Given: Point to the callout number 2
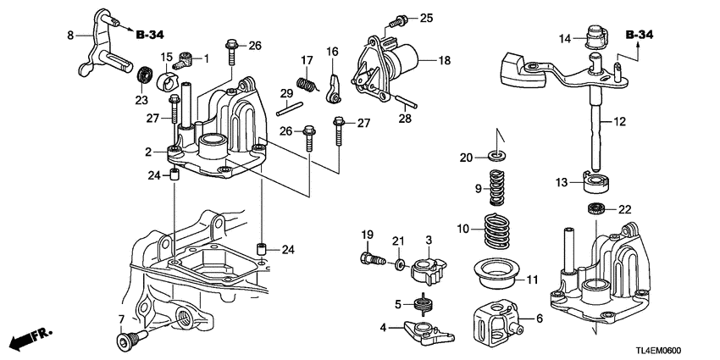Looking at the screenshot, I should [x=147, y=152].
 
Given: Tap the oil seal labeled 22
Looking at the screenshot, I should [x=596, y=208].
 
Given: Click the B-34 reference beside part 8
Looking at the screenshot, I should [x=149, y=35].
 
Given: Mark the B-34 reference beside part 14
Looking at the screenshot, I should [x=640, y=35].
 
